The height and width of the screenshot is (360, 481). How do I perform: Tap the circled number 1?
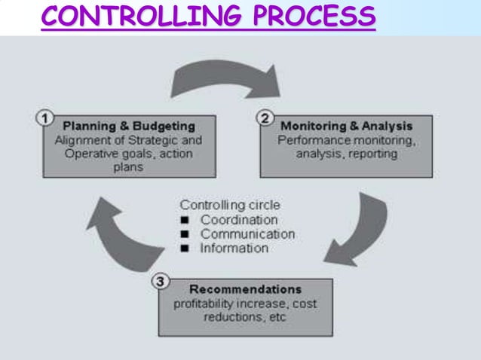tap(45, 118)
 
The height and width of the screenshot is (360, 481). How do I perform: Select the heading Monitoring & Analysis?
tap(347, 125)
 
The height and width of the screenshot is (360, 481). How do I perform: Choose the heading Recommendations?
tap(245, 289)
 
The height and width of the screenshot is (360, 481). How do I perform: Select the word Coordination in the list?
tap(239, 219)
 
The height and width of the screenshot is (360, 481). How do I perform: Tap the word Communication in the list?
tap(247, 233)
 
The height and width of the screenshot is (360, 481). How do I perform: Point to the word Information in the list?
tap(234, 248)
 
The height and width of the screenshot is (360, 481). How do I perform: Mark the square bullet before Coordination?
tap(185, 220)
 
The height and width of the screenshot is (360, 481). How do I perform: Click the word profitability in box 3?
tap(204, 304)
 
